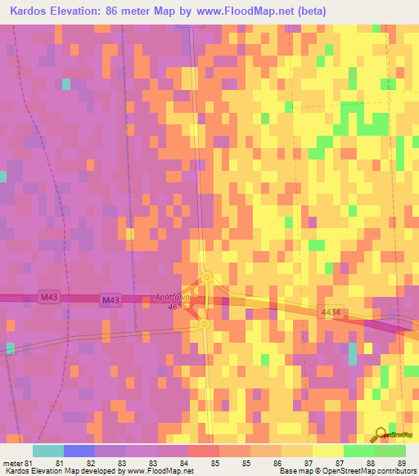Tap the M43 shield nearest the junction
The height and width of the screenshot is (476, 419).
click(110, 301)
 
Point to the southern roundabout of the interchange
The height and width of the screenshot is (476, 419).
click(202, 325)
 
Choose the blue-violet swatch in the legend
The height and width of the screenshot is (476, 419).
click(79, 451)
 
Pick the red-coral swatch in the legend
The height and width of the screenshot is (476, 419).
click(205, 451)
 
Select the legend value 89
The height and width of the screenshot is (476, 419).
click(400, 463)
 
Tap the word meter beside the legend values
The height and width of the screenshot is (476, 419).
click(13, 463)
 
